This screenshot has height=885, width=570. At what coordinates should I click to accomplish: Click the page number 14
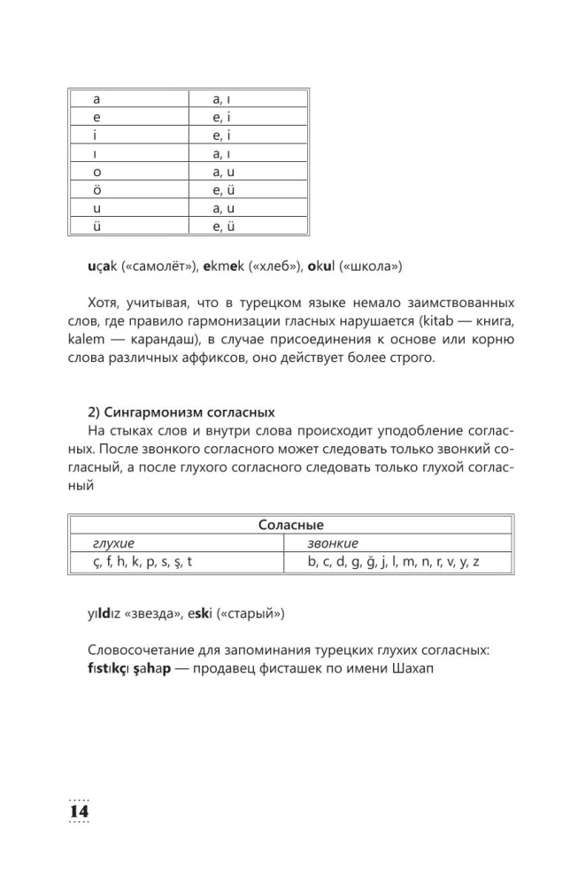78,812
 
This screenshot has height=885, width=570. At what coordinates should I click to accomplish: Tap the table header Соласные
290,525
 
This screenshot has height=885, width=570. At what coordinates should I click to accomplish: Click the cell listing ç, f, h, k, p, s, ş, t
142,562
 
